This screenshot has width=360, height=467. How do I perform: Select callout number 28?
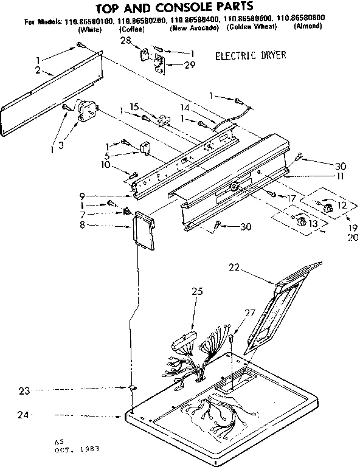click(x=125, y=40)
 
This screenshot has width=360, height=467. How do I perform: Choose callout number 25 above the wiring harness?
click(x=196, y=292)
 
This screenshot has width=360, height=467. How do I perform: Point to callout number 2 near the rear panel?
click(x=37, y=71)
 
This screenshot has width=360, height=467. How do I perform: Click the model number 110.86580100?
click(x=90, y=20)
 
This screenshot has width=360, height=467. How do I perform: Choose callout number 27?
click(x=250, y=314)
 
